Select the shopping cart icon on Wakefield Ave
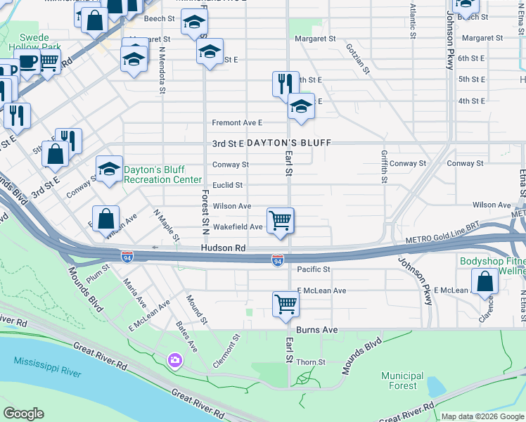(x=281, y=221)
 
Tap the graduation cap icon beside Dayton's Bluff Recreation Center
(x=109, y=169)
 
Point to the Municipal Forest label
(x=402, y=381)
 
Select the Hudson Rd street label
(x=223, y=248)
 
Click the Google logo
(x=23, y=414)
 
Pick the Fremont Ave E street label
(x=237, y=122)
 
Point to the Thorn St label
(x=311, y=362)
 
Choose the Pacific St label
(x=314, y=269)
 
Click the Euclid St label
(x=228, y=185)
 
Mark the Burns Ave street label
(x=321, y=329)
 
